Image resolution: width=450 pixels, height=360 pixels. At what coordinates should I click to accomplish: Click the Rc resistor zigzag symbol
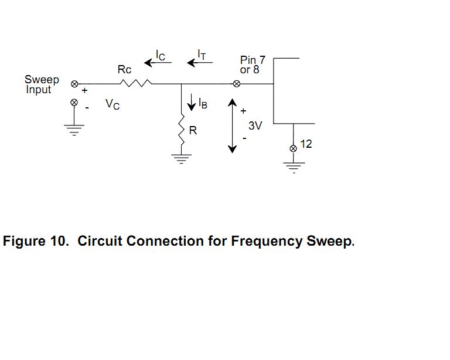(136, 83)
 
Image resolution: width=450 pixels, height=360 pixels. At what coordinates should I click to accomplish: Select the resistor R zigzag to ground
(182, 129)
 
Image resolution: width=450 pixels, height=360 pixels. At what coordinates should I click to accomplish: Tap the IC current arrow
(158, 62)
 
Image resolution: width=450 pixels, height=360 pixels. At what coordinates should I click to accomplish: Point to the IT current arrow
(200, 62)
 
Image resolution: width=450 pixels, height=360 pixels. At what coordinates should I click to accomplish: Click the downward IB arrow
(192, 102)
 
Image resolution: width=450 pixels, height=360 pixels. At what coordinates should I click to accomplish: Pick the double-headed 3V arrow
(232, 125)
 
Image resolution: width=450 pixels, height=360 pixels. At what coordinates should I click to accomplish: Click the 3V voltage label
(255, 125)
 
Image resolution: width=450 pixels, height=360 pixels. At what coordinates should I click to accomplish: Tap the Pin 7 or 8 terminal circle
(237, 84)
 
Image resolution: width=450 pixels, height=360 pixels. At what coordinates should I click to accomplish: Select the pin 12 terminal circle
(293, 148)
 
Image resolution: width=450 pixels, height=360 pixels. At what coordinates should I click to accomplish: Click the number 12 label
(306, 144)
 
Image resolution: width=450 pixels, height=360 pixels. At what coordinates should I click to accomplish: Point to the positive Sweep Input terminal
(74, 84)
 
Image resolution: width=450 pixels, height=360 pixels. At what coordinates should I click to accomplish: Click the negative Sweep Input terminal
(74, 102)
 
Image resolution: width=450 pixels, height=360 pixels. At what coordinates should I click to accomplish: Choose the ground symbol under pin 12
(294, 168)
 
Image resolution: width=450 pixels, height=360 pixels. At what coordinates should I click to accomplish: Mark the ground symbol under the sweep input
(74, 130)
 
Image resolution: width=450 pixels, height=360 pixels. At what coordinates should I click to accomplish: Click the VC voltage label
(112, 104)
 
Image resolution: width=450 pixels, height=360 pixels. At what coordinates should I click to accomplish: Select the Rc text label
(124, 69)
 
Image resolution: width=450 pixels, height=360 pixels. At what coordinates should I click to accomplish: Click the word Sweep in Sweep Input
(42, 80)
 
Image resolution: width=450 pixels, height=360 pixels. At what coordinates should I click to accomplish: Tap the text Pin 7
(253, 60)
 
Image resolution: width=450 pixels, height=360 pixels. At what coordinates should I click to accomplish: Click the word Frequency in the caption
(267, 241)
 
